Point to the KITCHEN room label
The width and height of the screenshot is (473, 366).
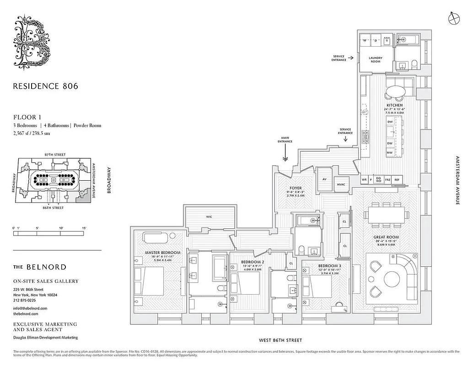[394, 105]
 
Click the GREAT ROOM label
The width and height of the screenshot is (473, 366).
[386, 237]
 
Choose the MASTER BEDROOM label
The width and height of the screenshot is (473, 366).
[163, 253]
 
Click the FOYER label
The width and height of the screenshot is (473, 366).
[295, 188]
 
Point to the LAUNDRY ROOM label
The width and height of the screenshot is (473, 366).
[375, 59]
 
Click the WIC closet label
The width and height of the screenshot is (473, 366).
[209, 216]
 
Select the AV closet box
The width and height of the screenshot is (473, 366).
[324, 179]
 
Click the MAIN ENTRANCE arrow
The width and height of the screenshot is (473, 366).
[285, 158]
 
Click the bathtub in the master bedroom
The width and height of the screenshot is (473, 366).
[157, 237]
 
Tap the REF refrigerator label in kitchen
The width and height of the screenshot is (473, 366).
[397, 180]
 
